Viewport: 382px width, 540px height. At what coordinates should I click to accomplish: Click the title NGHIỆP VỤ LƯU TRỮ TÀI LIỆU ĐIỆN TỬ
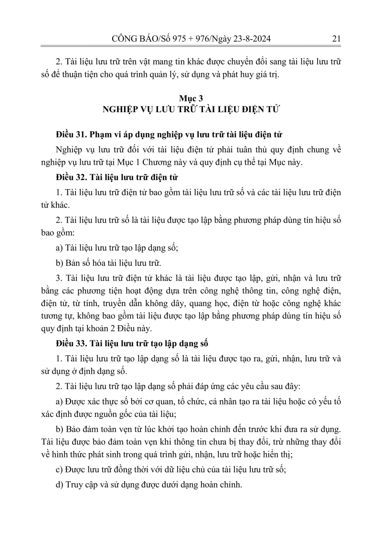[191, 109]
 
